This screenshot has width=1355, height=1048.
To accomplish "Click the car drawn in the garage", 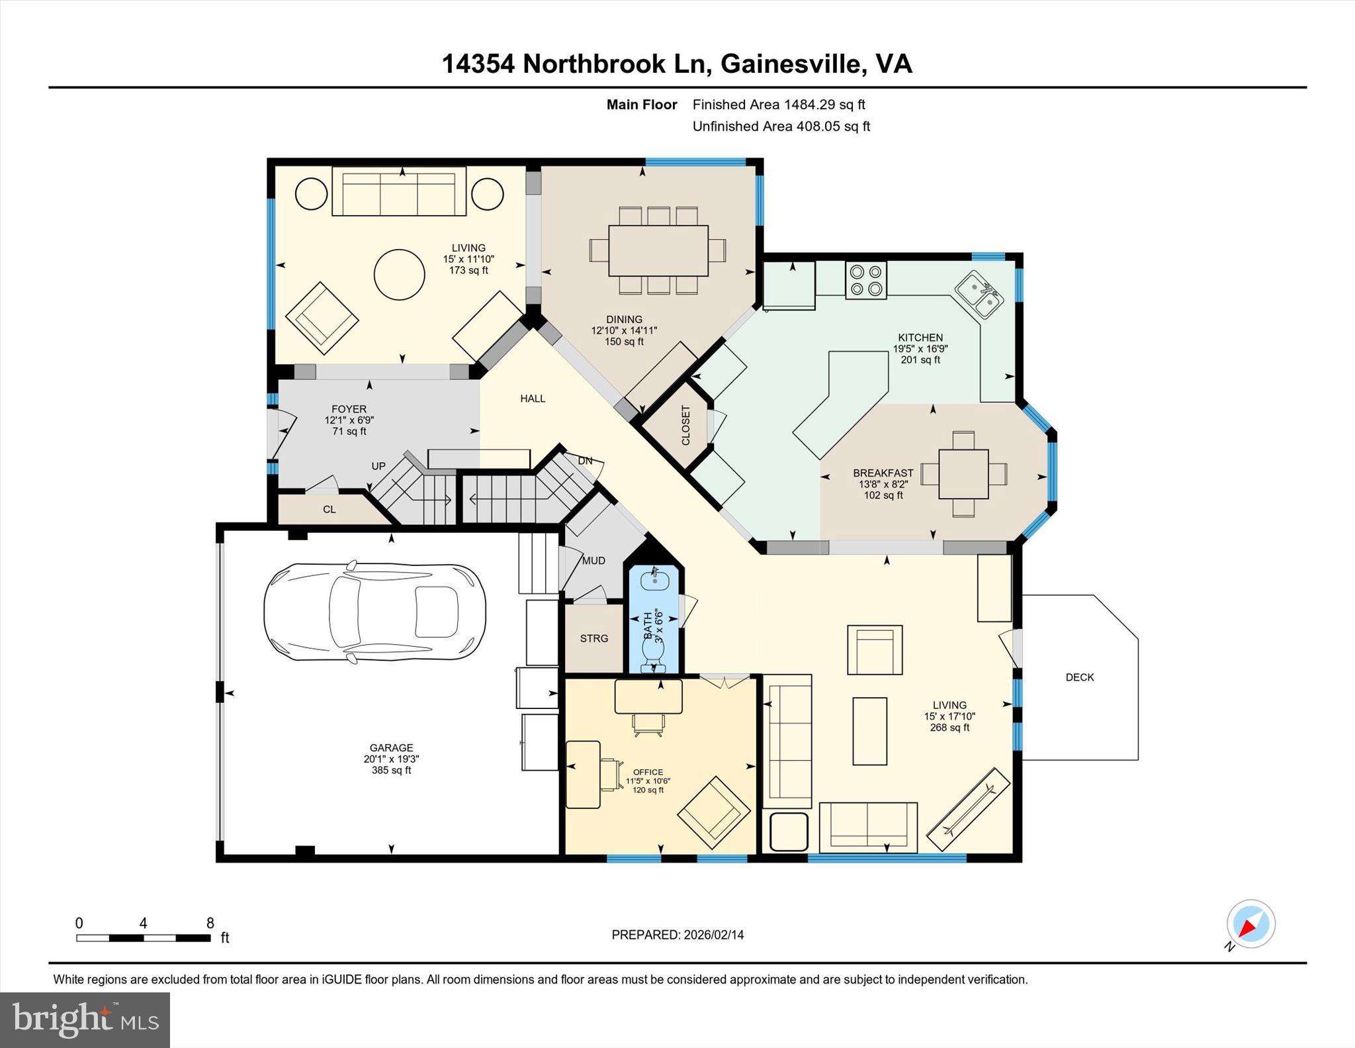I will point(374,612).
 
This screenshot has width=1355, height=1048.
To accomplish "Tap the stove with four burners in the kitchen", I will point(866,280).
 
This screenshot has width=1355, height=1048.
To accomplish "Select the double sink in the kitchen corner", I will point(979,295).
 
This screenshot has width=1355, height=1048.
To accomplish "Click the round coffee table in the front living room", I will point(399,274).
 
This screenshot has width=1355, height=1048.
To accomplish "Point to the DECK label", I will point(1079,677).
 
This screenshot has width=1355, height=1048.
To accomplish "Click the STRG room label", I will point(593,638).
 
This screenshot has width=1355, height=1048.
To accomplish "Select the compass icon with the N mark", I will point(1250,924).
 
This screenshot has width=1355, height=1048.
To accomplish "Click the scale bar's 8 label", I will point(210,924).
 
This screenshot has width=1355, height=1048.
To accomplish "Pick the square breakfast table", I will point(963,474).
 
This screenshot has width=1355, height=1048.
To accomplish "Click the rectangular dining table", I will point(658,250).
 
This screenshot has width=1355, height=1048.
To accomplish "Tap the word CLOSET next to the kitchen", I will point(685,425).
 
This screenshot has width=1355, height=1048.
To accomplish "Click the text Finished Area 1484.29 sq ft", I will point(778,105).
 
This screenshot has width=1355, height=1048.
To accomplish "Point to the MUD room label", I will point(593,561).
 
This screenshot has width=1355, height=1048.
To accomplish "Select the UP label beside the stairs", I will point(378,466).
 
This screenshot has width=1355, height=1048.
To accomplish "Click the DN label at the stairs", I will point(585,461).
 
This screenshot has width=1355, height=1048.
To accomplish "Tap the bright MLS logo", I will point(85,1020).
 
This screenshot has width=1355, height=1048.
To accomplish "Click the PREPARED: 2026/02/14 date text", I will point(677,935).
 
